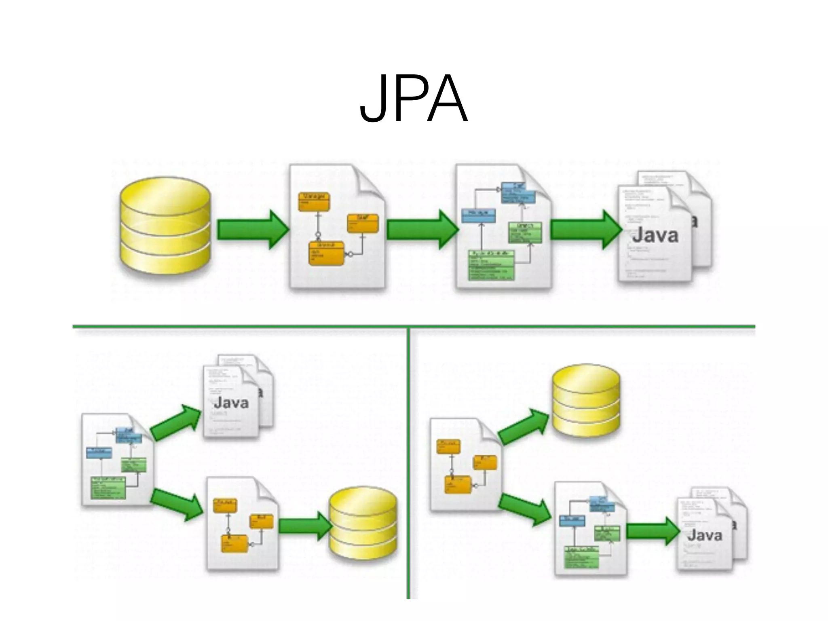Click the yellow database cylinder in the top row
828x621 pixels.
tap(165, 226)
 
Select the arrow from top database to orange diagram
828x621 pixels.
tap(253, 230)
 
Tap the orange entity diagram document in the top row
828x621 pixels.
tap(337, 226)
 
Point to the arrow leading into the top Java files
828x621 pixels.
tap(586, 230)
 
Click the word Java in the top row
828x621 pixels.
tap(655, 235)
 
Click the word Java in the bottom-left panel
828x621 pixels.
tap(231, 403)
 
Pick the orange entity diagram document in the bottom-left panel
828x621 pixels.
tap(242, 524)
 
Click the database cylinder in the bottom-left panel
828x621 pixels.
tap(363, 524)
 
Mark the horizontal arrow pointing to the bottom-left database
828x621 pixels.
tap(305, 526)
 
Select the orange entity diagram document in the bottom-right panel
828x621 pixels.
tap(465, 465)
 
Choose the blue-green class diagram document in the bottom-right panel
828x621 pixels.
tap(590, 528)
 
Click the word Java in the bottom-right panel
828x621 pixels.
tap(704, 535)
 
